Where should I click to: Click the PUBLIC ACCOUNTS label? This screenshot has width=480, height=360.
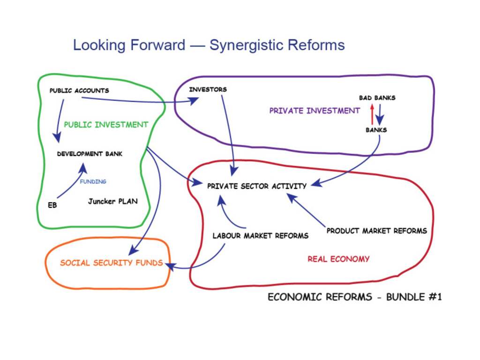pos(79,90)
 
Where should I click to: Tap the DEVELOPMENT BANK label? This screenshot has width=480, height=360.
pos(90,154)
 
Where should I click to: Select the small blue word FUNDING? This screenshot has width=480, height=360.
pos(93,181)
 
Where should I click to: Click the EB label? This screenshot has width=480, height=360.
pos(52,205)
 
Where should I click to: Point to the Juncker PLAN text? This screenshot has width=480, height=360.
pos(113,201)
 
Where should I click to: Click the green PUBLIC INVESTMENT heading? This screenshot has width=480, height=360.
pos(106,125)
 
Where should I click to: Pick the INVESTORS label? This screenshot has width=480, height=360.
pos(208,90)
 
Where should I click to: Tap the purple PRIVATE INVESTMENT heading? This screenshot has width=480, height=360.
pos(315,111)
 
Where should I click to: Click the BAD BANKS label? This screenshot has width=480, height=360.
pos(377,98)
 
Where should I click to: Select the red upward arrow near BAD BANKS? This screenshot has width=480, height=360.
pos(372,114)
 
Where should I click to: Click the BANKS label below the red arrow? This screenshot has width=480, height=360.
pos(376,130)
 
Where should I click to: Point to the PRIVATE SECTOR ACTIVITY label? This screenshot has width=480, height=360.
pos(257,186)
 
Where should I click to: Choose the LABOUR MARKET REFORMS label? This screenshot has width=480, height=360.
pos(261,236)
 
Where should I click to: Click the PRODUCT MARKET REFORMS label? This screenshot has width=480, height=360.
pos(376,231)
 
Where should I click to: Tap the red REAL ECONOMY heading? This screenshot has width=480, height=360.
pos(338,259)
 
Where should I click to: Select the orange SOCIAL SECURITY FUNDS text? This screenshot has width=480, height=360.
pos(112,262)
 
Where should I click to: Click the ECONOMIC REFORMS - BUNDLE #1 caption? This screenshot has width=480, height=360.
pos(355,297)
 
